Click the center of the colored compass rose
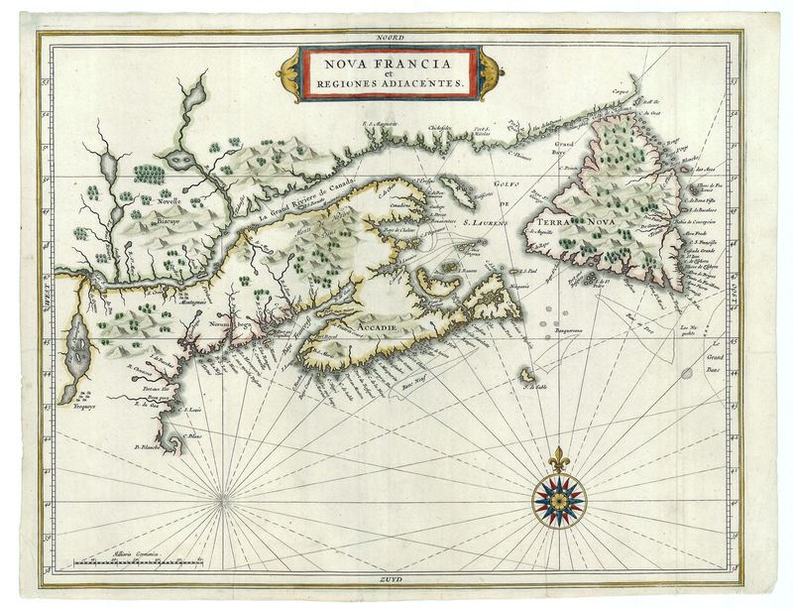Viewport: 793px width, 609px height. click(x=559, y=496)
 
